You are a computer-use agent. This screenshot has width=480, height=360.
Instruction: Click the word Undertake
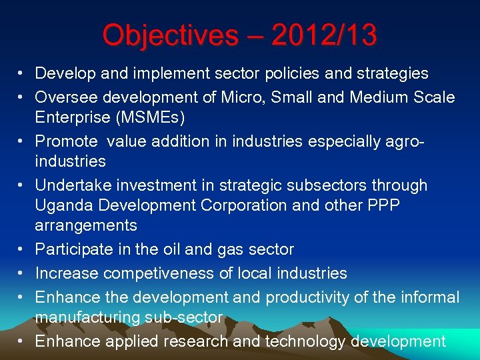click(x=73, y=185)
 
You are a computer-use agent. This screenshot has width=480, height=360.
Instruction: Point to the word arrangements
click(x=86, y=226)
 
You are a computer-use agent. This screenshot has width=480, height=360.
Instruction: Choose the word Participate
click(x=74, y=249)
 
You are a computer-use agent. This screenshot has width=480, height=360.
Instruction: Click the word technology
click(x=306, y=342)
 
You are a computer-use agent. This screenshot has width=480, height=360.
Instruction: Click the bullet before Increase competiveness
click(x=22, y=273)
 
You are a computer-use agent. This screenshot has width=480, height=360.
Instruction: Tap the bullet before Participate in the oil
click(x=22, y=249)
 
